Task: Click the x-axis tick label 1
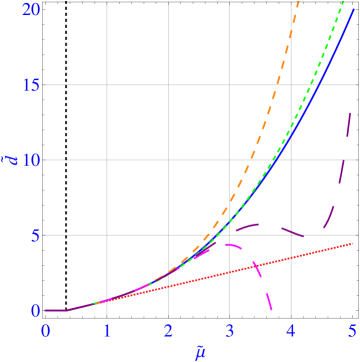tap(107, 329)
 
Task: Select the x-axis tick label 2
tap(168, 329)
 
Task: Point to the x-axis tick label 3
tap(230, 329)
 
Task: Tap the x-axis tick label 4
tap(291, 329)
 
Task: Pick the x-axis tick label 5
tap(351, 329)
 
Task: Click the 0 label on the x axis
tap(45, 329)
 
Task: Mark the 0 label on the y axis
tap(35, 310)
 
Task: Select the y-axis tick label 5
tap(35, 235)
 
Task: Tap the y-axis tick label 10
tap(31, 160)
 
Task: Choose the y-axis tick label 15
tap(31, 85)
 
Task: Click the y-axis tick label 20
tap(31, 10)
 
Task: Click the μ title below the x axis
tap(199, 350)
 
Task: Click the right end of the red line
tap(352, 243)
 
